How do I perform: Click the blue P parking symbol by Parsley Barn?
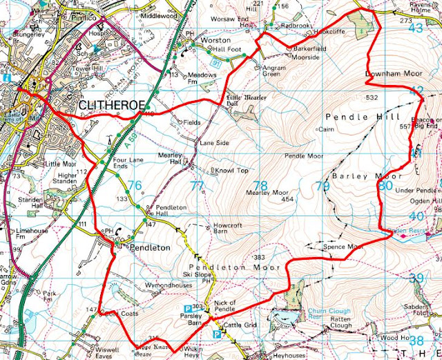(x=186, y=309)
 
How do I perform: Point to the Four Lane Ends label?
(x=123, y=169)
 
